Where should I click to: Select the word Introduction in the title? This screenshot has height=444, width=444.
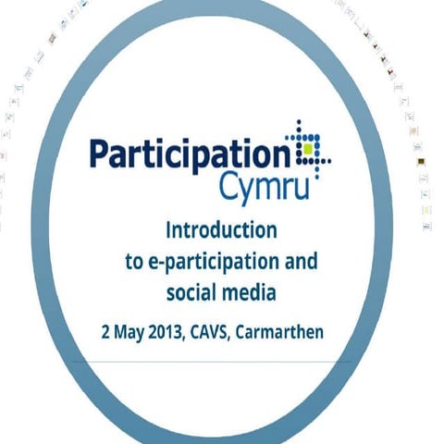pos(220,228)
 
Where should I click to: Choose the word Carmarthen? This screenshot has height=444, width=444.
pos(279,330)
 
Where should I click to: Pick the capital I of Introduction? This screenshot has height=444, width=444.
pos(167,228)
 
